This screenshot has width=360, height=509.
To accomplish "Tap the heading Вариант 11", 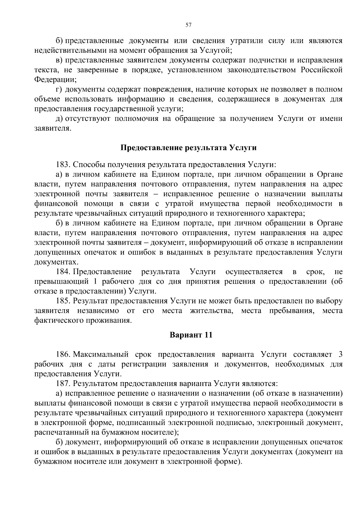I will pos(191,335).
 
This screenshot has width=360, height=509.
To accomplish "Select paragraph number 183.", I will pos(63,165).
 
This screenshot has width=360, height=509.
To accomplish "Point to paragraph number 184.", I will pos(63,272).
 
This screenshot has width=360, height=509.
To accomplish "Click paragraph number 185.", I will pos(63,301).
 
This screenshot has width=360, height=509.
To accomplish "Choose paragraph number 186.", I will pos(63,355).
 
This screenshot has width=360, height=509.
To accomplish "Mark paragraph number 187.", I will pos(63,384).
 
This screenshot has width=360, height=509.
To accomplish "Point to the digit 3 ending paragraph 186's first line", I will pos(340,355).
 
